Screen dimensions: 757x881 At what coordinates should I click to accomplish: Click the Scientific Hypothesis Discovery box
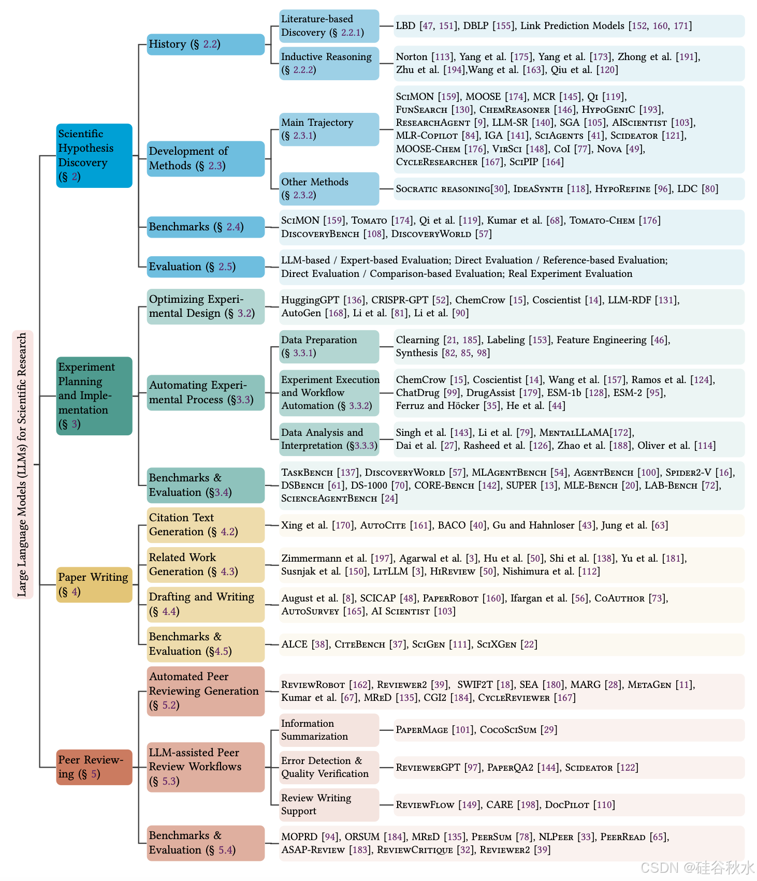point(94,155)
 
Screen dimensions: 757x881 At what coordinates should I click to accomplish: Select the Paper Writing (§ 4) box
point(94,584)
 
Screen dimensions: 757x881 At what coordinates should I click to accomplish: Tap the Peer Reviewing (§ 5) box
point(94,767)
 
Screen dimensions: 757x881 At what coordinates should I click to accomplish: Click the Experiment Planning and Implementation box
point(94,395)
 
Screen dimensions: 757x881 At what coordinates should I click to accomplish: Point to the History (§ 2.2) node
point(205,45)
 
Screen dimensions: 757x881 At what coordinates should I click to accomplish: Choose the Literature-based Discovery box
point(329,26)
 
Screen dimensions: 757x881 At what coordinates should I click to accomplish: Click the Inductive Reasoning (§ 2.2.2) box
point(329,63)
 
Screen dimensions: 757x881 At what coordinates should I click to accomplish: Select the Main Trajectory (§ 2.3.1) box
point(329,129)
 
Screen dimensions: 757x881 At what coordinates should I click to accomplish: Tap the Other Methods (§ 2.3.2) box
point(329,188)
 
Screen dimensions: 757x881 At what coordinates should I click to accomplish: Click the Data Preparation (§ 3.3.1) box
point(329,346)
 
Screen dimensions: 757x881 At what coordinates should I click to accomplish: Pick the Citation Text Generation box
point(205,524)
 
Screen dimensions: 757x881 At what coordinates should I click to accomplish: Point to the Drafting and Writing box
point(205,604)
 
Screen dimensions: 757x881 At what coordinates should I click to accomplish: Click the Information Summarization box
point(329,730)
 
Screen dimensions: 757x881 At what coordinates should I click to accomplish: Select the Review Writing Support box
point(329,804)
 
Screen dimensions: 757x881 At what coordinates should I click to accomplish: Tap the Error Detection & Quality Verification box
point(329,767)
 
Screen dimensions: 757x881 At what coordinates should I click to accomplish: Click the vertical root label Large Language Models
point(22,464)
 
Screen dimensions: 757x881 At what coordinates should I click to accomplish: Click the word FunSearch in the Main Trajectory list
point(421,110)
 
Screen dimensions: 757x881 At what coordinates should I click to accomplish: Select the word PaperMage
point(421,730)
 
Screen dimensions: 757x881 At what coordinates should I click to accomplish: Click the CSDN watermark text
point(696,868)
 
